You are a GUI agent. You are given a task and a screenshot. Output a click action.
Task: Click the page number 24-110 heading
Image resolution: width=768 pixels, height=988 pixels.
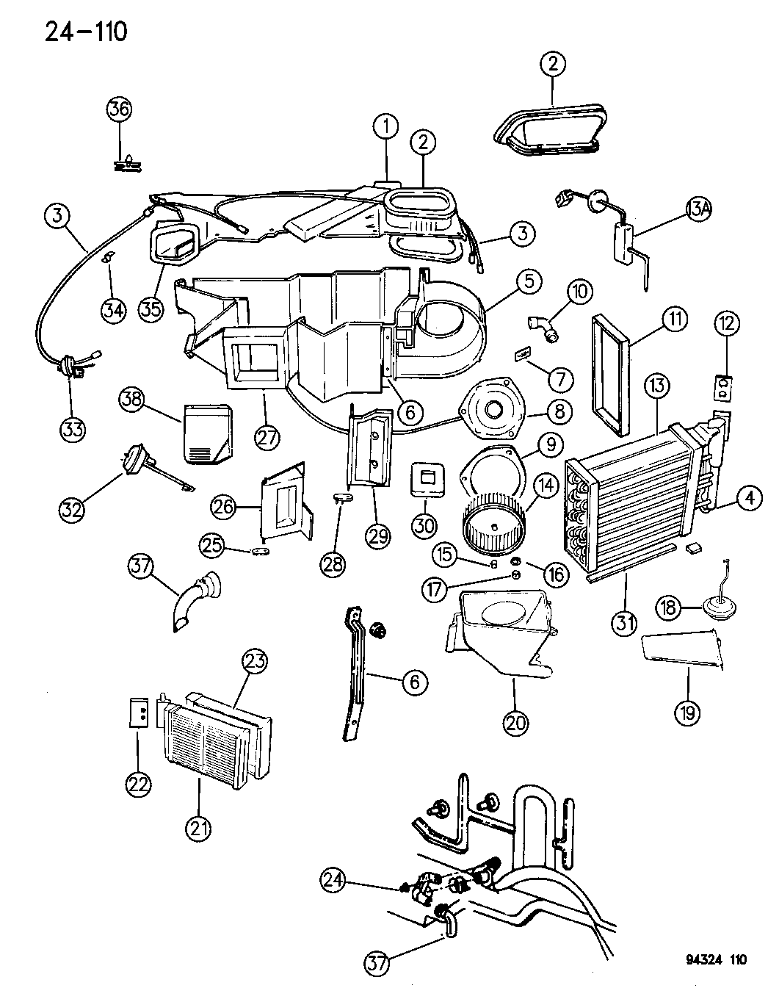point(76,32)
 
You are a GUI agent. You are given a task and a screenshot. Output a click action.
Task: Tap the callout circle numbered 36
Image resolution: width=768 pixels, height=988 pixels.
point(120,109)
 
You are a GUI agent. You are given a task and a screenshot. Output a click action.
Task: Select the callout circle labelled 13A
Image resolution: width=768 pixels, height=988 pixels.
point(699,209)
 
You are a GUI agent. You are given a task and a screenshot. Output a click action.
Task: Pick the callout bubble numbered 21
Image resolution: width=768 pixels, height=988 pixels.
point(198,829)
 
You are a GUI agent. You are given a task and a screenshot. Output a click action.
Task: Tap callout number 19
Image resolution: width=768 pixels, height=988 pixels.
point(688,710)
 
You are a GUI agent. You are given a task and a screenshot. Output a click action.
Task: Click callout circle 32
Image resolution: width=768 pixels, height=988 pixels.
point(73,510)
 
